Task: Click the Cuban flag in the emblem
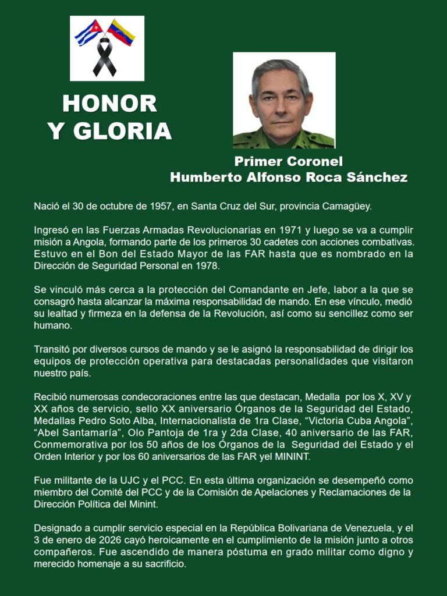[87, 33]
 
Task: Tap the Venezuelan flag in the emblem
[122, 32]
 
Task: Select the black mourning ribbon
[105, 58]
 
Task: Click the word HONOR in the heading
[109, 104]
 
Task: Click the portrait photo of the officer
[284, 100]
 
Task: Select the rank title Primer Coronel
[289, 162]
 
